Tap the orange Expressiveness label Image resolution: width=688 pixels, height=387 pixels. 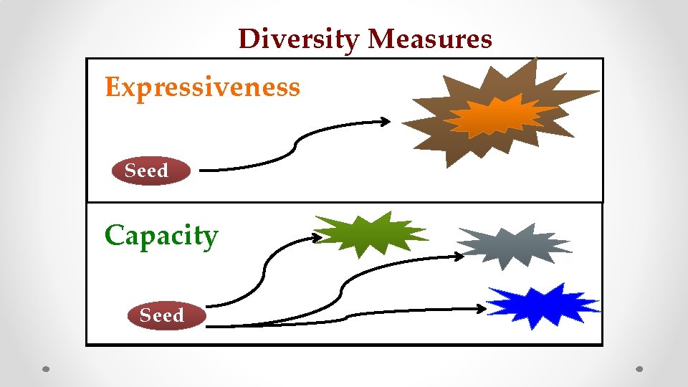coord(202,87)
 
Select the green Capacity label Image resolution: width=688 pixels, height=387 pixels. coord(161,236)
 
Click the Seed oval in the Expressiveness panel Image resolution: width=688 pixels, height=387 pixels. coord(151,171)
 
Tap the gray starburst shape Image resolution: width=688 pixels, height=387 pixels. coord(512,244)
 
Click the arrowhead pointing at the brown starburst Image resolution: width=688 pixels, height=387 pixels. coord(386,122)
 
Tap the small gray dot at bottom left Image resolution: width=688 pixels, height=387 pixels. coord(45,370)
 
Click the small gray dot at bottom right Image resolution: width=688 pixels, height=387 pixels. coord(640,370)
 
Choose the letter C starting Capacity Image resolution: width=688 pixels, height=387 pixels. coord(114,236)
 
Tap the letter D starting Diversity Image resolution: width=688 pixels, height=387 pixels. coord(248,39)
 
